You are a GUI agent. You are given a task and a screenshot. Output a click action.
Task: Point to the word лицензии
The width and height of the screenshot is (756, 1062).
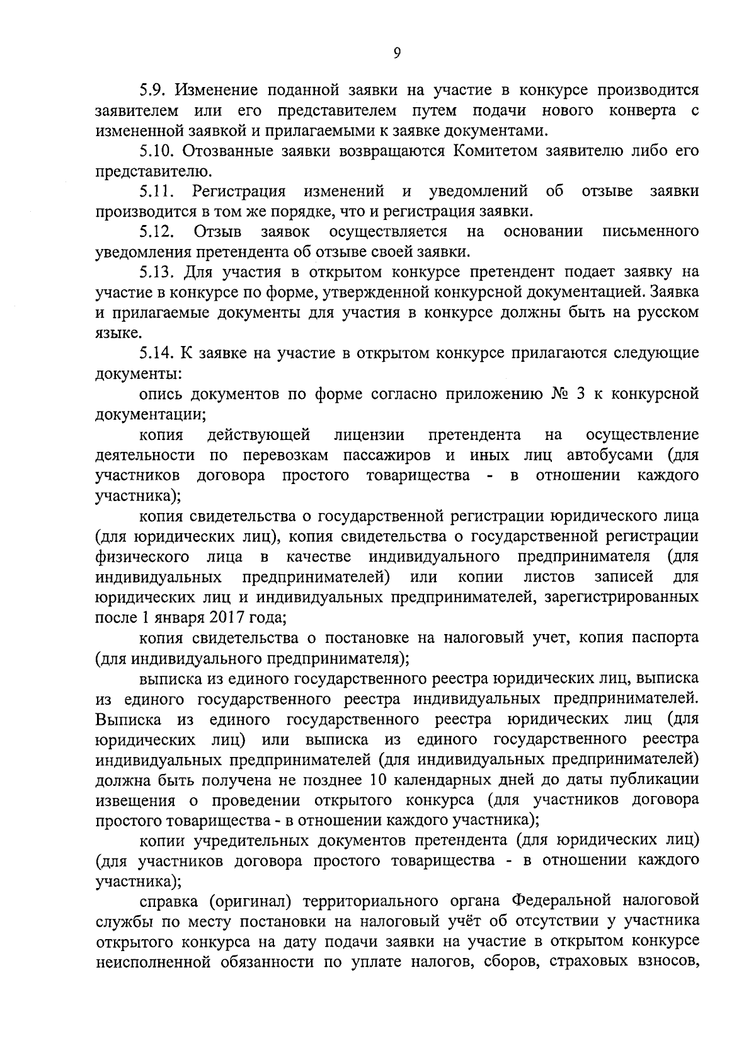coord(369,435)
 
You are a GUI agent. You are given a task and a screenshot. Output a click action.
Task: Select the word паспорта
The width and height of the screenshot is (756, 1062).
coord(668,637)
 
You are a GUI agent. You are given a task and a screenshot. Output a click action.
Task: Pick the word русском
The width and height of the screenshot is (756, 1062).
coord(668,313)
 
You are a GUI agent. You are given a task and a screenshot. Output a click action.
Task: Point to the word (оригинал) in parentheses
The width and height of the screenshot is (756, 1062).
coord(249,901)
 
